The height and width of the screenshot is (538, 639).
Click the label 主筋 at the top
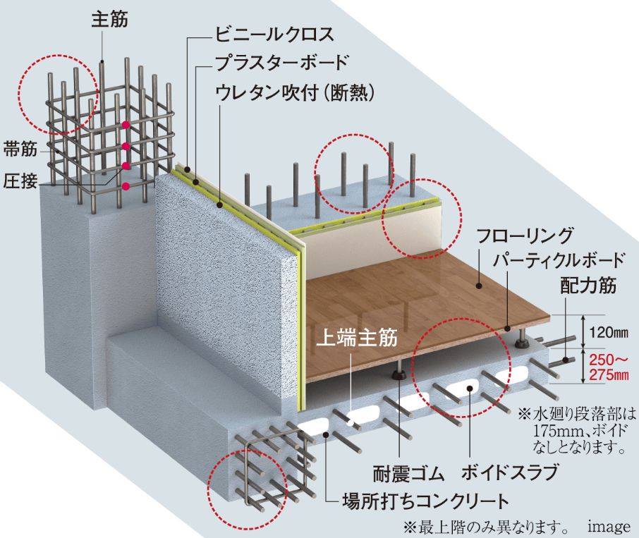tap(109, 19)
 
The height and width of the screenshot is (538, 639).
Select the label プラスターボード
tap(282, 63)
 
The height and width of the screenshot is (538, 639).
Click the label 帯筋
tap(20, 149)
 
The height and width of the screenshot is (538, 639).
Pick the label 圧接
tap(20, 181)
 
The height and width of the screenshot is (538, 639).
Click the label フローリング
tap(525, 236)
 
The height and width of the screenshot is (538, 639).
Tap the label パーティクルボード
tap(559, 260)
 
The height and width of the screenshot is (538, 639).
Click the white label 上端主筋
tap(357, 338)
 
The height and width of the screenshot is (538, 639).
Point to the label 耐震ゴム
tap(408, 474)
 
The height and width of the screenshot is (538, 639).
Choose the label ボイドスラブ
tap(509, 473)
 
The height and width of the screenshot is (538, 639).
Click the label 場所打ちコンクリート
tap(426, 501)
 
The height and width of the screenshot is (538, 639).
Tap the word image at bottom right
tap(609, 527)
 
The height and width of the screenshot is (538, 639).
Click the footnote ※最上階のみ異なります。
tap(486, 527)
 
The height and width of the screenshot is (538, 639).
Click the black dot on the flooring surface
tap(480, 286)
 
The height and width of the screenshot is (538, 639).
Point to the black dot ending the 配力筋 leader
tap(566, 360)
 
